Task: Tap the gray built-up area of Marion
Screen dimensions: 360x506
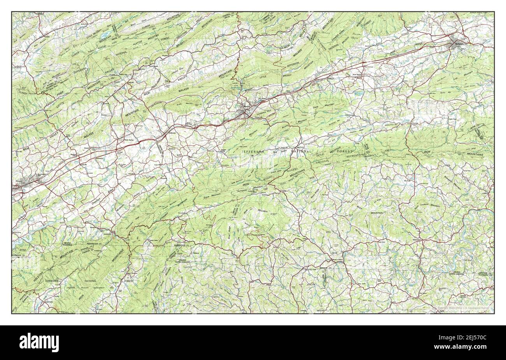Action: [x=246, y=111]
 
